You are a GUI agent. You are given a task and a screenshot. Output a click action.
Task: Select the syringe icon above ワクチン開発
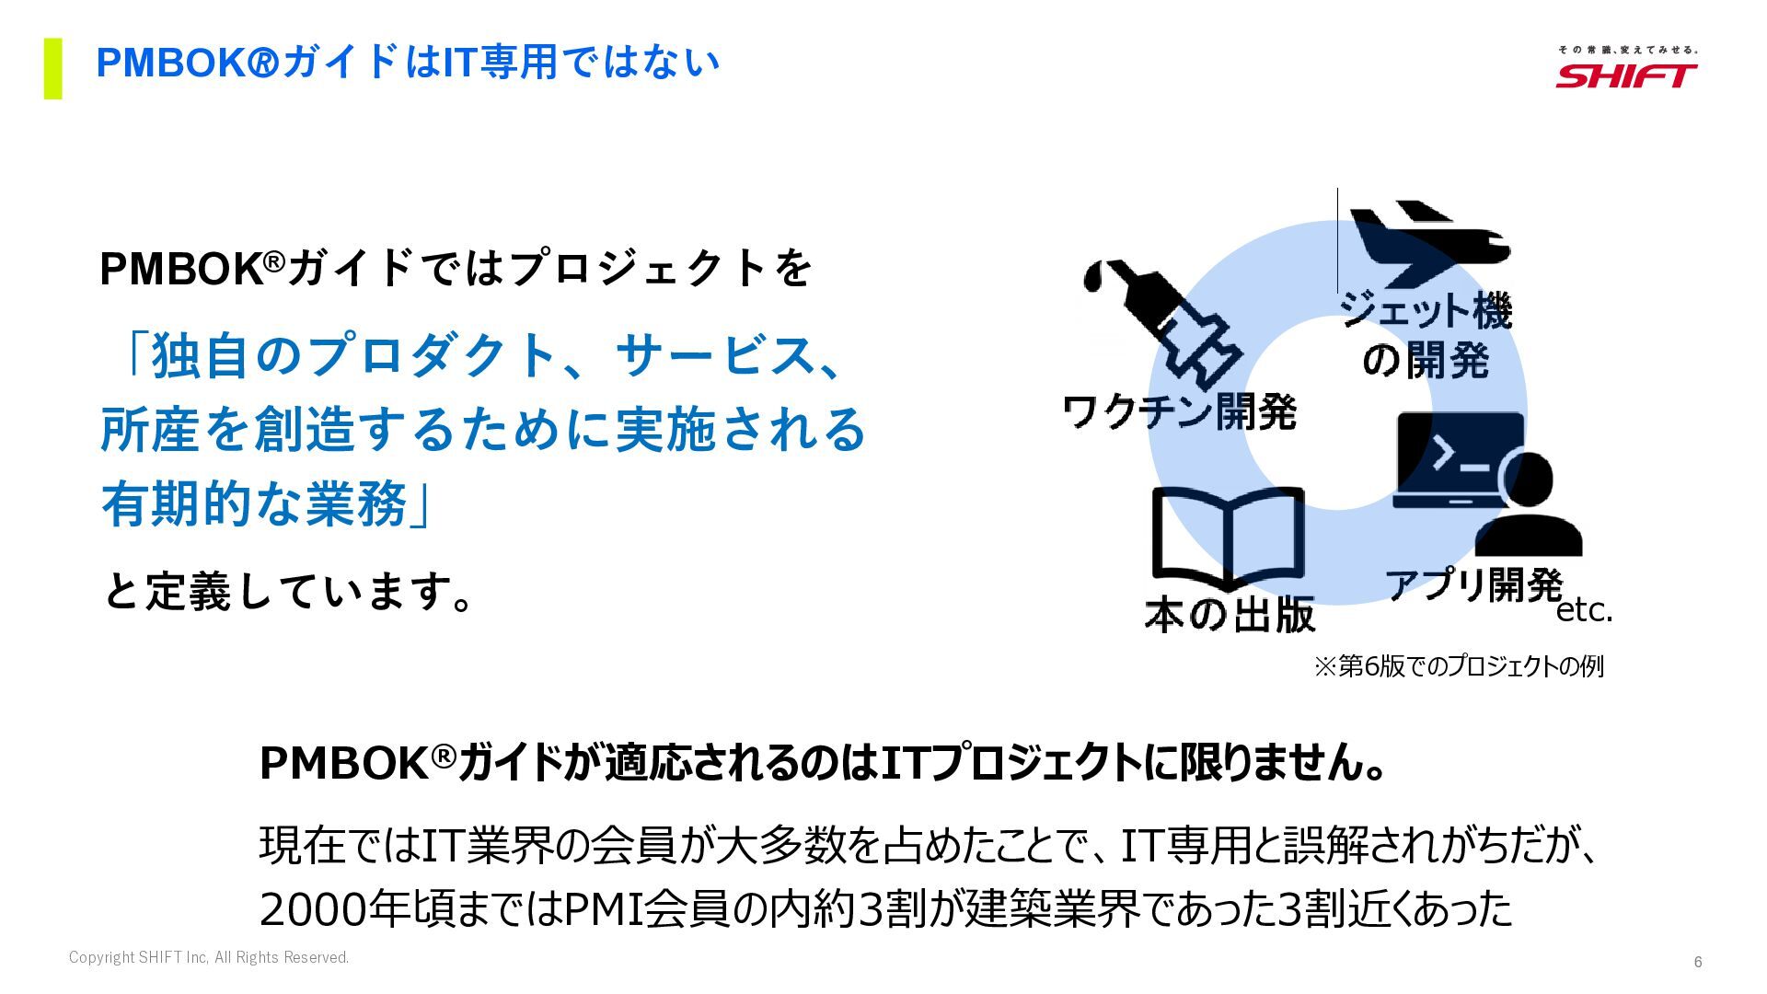pos(1164,318)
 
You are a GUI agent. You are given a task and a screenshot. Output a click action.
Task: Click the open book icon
pos(1228,539)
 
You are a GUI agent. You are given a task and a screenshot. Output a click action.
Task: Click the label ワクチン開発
pos(1179,411)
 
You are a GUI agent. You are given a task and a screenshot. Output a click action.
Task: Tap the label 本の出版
pos(1230,615)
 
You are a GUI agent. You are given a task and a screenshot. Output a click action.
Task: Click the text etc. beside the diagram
pos(1584,610)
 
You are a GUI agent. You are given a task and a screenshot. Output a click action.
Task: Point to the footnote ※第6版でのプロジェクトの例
pos(1458,666)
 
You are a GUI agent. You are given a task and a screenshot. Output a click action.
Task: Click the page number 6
pos(1698,962)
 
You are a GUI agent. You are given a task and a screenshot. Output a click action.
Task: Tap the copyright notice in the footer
pos(209,958)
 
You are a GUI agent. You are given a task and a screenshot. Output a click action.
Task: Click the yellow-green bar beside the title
pos(53,68)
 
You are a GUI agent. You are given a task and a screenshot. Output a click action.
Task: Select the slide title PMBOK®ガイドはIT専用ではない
pos(408,63)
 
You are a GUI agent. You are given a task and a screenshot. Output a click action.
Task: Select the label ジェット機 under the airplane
pos(1426,310)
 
